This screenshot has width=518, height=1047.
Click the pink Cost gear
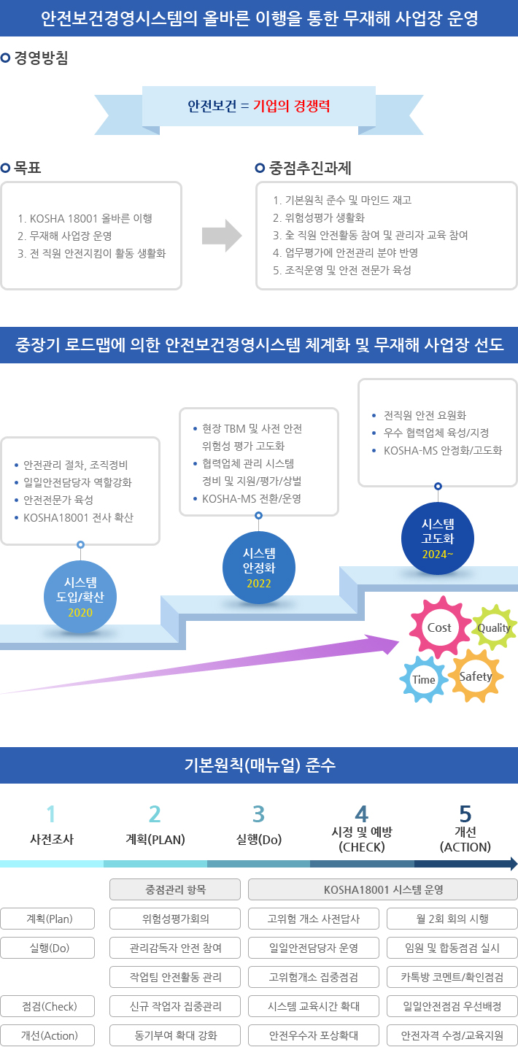click(439, 627)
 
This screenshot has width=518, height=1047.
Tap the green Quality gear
click(494, 628)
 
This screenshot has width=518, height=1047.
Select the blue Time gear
click(424, 679)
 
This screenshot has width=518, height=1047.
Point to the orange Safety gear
click(475, 676)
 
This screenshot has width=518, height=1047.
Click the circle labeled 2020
click(80, 596)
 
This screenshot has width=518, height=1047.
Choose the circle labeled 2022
click(258, 567)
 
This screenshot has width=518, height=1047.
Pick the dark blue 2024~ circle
click(438, 538)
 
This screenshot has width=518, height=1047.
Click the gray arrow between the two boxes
click(221, 235)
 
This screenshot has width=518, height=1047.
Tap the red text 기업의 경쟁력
click(291, 106)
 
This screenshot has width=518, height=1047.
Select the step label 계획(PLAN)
click(155, 839)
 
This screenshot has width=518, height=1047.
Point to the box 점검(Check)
click(48, 1006)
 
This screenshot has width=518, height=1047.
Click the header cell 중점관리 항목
click(175, 889)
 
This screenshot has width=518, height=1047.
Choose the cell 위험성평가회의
click(175, 919)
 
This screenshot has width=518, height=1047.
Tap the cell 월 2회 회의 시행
click(452, 919)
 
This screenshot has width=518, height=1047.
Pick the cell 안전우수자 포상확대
click(314, 1035)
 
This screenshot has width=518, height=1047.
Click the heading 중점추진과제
click(310, 169)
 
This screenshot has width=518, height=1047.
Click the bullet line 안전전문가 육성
click(58, 500)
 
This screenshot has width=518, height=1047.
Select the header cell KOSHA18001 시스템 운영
click(383, 889)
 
